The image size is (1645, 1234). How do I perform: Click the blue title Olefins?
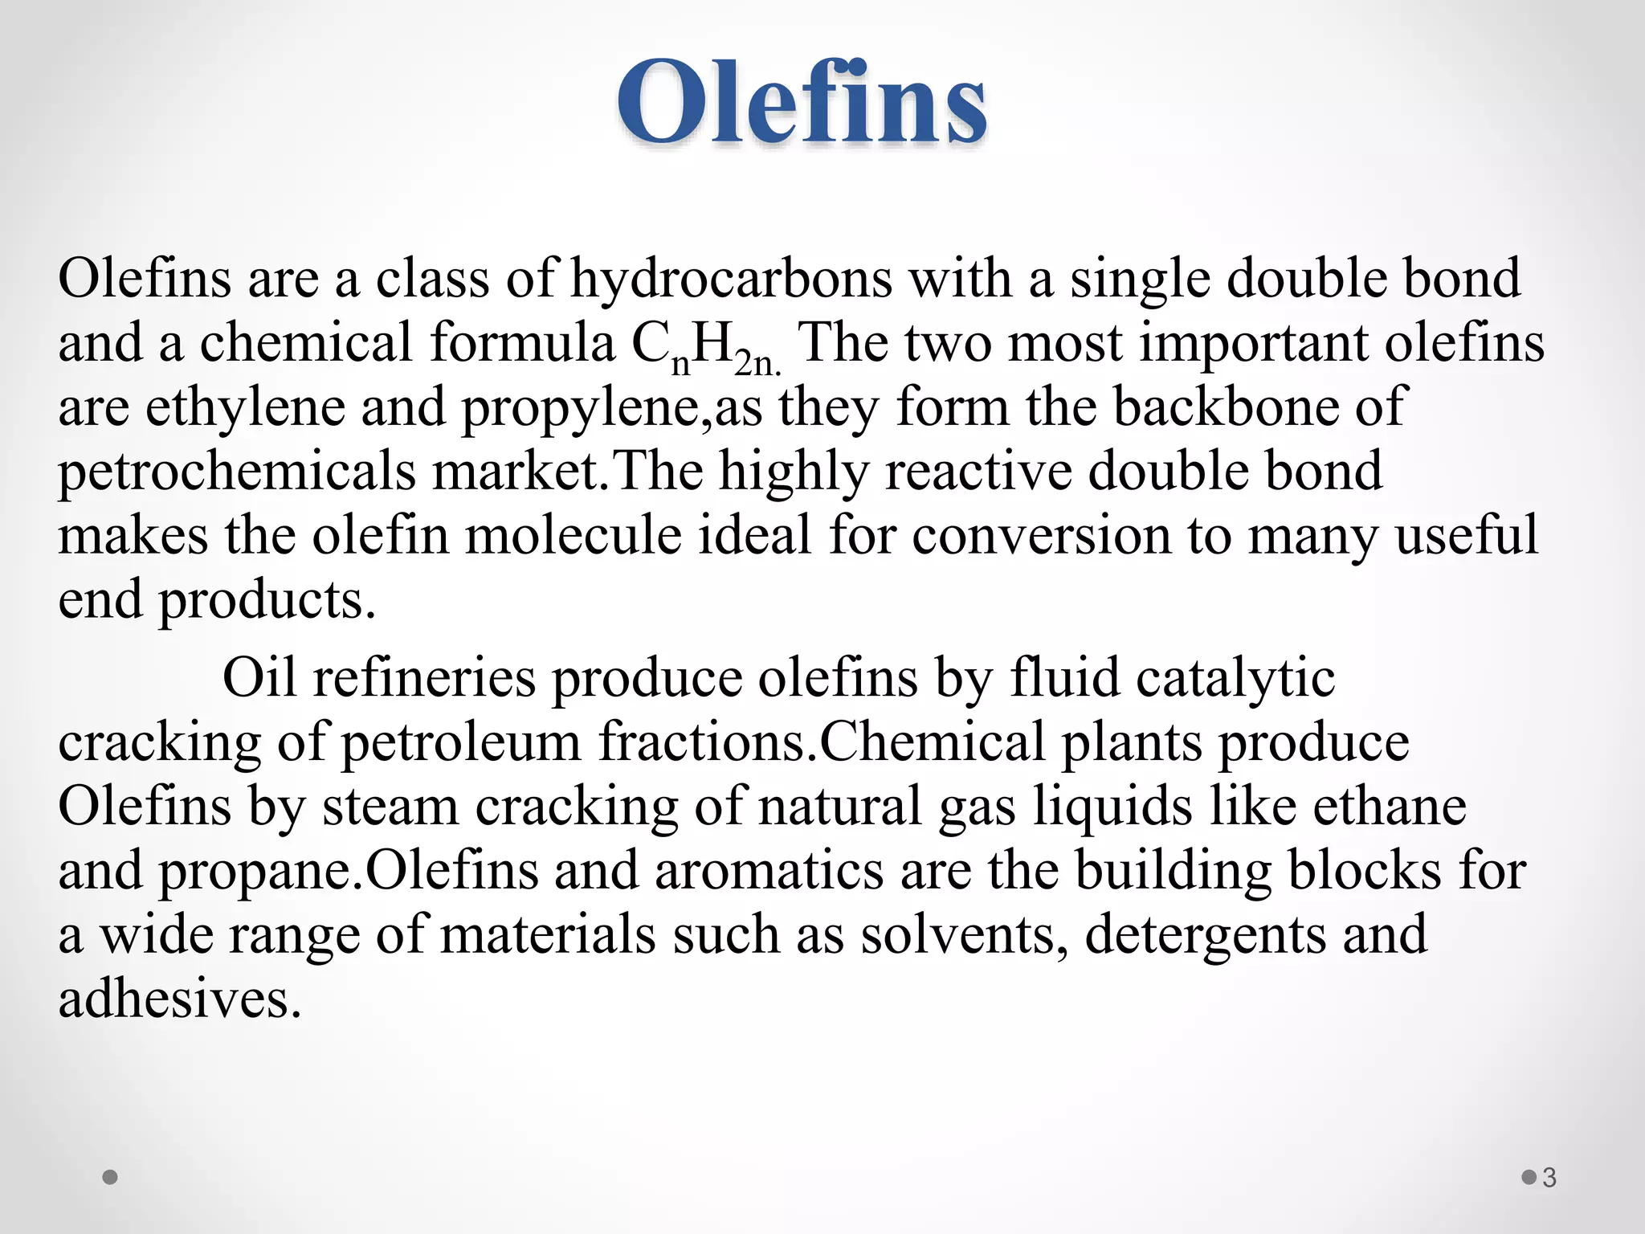pos(802,103)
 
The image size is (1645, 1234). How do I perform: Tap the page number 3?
pos(1549,1177)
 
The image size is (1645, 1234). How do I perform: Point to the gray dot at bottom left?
pos(111,1177)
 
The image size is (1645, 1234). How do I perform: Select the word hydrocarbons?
pos(731,280)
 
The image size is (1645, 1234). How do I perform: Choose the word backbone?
pos(1225,407)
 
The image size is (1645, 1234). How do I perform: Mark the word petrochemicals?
pos(237,472)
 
